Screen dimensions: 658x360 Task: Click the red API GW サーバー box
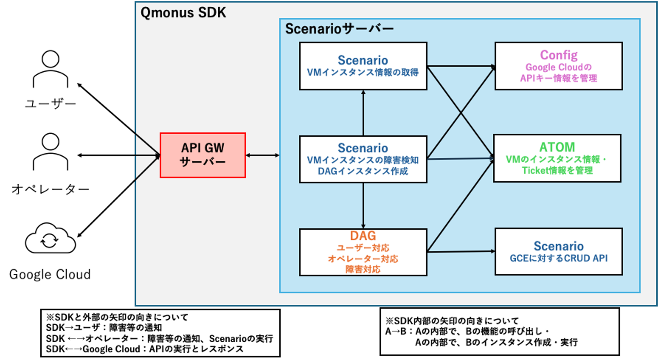[203, 155]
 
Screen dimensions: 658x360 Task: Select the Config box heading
[559, 55]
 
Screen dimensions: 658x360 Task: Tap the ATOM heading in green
[557, 147]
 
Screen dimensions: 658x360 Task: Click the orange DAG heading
[363, 236]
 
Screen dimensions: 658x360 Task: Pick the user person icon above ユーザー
[51, 69]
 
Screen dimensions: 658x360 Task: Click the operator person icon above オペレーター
[51, 152]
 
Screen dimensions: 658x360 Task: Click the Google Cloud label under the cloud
[50, 274]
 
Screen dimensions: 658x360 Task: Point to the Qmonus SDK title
[183, 13]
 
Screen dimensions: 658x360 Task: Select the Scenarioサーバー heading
[339, 29]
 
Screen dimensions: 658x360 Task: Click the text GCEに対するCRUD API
[558, 258]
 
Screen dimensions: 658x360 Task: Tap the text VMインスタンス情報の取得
[363, 72]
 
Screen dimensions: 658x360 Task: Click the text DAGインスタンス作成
[363, 171]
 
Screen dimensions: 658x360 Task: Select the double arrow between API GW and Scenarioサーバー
[263, 155]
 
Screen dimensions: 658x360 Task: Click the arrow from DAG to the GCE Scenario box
[461, 252]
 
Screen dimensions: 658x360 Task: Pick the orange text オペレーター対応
[363, 259]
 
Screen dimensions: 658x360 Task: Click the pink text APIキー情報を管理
[558, 78]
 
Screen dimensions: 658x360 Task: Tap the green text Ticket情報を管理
[557, 170]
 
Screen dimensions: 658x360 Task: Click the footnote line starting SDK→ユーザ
[104, 328]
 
